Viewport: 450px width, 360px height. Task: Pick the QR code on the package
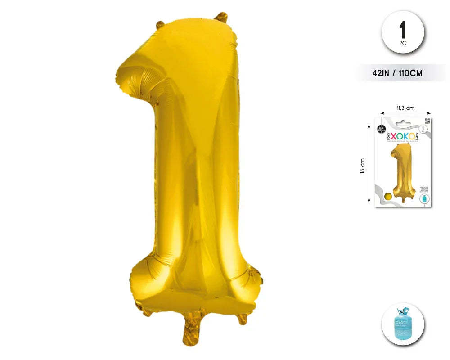click(x=427, y=121)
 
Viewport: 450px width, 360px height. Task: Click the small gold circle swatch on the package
click(x=388, y=196)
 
